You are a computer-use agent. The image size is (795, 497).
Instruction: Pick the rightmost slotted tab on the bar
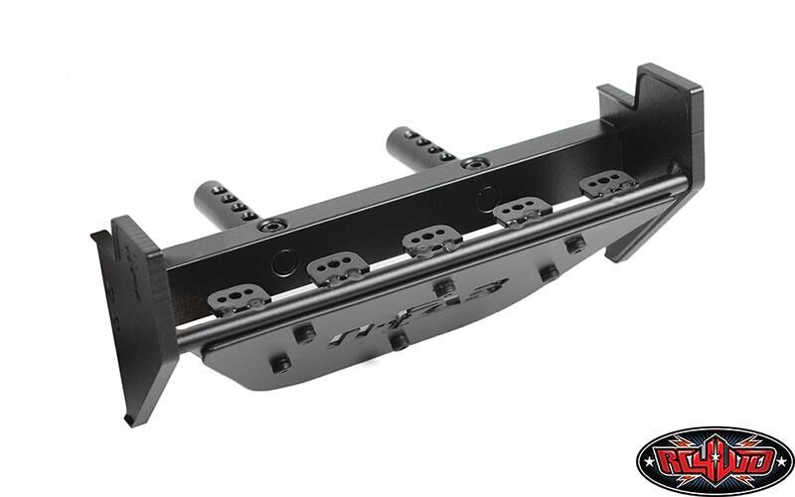pos(607,185)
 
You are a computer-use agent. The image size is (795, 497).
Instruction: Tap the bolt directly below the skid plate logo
pos(399,342)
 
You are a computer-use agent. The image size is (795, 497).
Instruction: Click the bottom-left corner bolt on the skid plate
pos(282,365)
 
